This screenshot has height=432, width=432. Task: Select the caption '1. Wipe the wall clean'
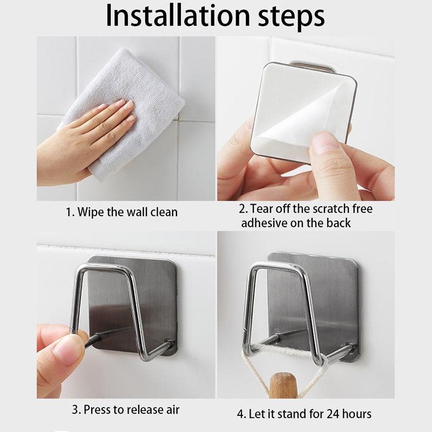pyautogui.click(x=122, y=212)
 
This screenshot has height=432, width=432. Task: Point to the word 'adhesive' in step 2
pyautogui.click(x=264, y=222)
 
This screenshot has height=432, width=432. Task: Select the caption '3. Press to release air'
pyautogui.click(x=126, y=410)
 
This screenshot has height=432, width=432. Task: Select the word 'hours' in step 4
pyautogui.click(x=357, y=414)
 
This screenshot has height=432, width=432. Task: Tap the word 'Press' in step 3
pyautogui.click(x=97, y=410)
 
